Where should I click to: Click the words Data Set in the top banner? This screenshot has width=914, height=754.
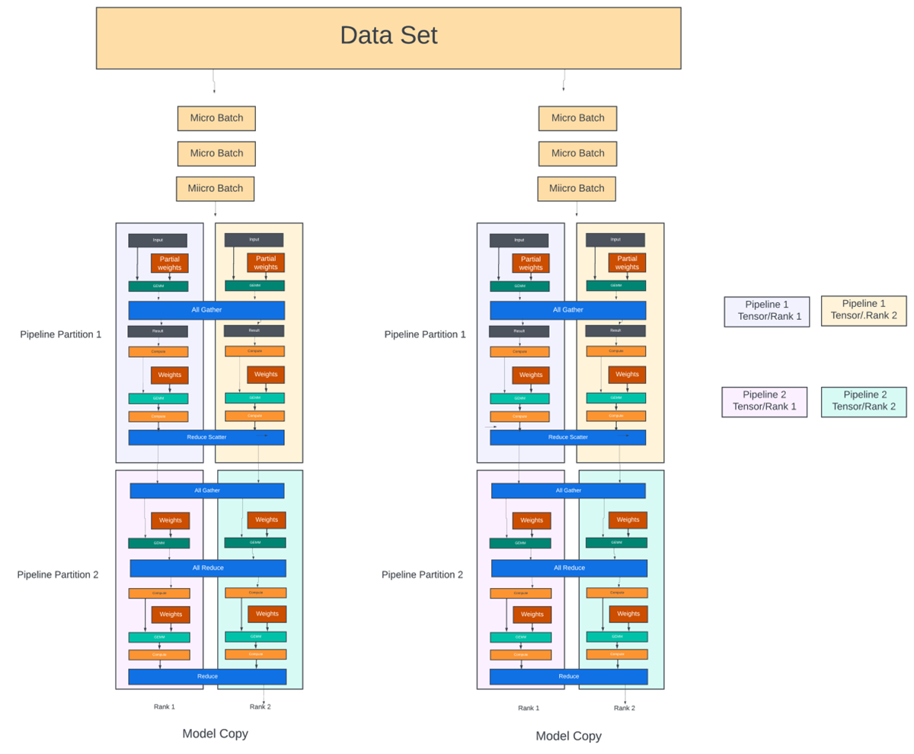pos(388,36)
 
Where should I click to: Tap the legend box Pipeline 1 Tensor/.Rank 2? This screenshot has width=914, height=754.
pos(864,311)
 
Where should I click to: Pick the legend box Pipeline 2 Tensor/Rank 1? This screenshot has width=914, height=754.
pos(764,401)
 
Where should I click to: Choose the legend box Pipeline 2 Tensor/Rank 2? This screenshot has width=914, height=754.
pos(864,401)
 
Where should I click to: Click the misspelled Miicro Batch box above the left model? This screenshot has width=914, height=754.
pos(216,188)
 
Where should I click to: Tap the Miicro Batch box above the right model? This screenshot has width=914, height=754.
pos(577,188)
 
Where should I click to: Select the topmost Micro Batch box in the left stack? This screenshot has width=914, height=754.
pos(216,118)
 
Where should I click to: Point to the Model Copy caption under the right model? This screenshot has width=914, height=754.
pos(568,736)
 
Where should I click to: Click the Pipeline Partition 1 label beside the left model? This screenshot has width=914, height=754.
pos(61,334)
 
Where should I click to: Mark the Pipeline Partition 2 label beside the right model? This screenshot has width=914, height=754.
pos(422,574)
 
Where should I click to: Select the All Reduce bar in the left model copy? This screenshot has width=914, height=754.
pos(208,568)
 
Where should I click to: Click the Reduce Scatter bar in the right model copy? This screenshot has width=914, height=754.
pos(568,437)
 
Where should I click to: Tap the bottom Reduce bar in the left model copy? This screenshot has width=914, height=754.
pos(207,676)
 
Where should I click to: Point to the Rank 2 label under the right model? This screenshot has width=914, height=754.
pos(624,708)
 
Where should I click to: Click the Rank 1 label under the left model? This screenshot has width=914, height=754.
pos(164,707)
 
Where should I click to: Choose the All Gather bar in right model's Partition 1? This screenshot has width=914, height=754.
pos(568,310)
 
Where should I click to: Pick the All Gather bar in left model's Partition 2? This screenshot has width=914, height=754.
pos(207,490)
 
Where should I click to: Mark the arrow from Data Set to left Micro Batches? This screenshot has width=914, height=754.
pos(214,81)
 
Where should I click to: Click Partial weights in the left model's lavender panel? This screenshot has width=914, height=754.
pos(169,263)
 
